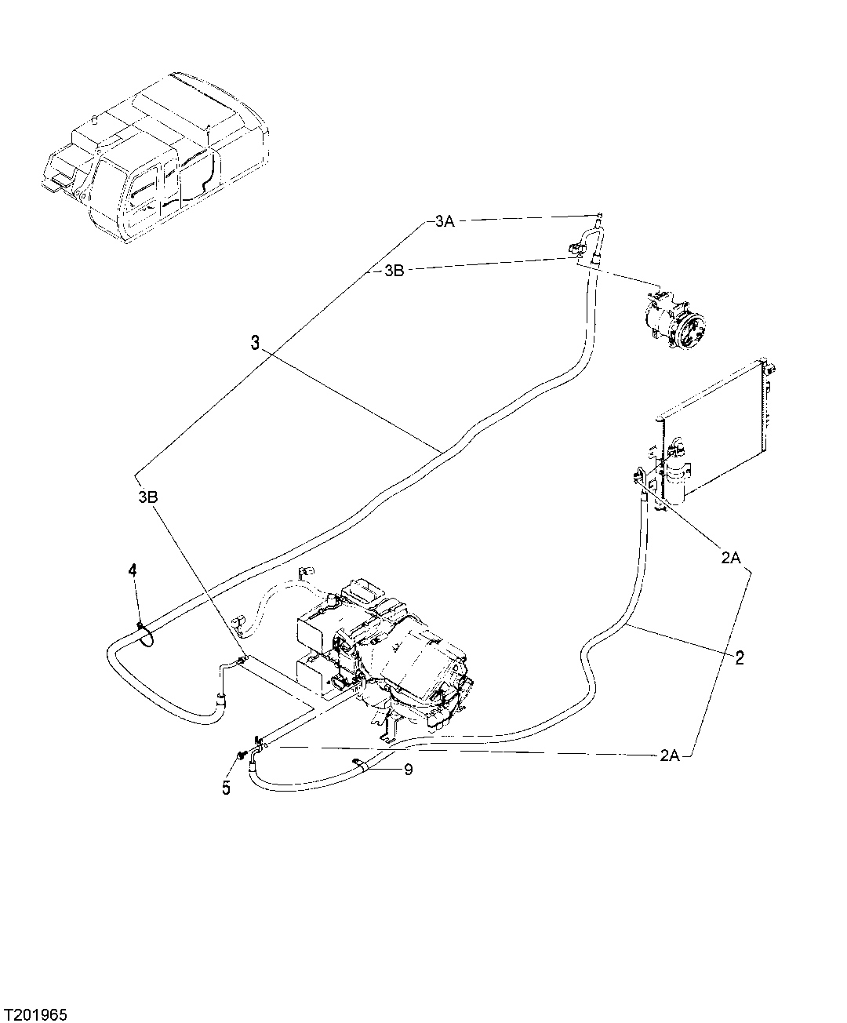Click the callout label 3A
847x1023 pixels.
[x=444, y=222]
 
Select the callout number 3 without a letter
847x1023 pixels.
[x=255, y=342]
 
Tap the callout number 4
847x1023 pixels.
[x=133, y=570]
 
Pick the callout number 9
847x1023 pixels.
[x=408, y=770]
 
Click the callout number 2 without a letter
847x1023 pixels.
[x=738, y=657]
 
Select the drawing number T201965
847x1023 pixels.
[x=38, y=1008]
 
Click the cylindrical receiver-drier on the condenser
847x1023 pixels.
[x=676, y=477]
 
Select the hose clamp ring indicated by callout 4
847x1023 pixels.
[x=145, y=632]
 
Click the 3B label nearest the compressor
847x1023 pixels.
[x=394, y=271]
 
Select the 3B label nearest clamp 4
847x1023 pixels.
[x=149, y=497]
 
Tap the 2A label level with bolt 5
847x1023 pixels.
[x=669, y=755]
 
